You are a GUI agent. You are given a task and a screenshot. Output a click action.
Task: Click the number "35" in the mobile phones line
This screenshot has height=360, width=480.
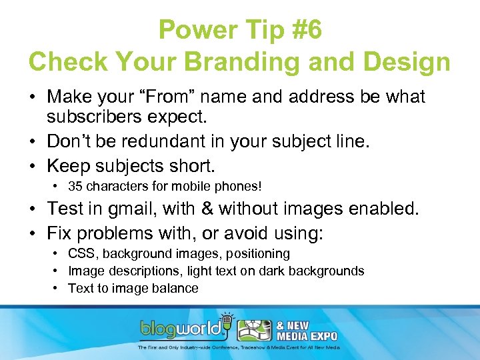(x=75, y=186)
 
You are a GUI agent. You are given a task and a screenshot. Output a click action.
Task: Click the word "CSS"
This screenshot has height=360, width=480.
(x=79, y=254)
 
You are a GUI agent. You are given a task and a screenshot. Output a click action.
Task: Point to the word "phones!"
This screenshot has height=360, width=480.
(x=241, y=186)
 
